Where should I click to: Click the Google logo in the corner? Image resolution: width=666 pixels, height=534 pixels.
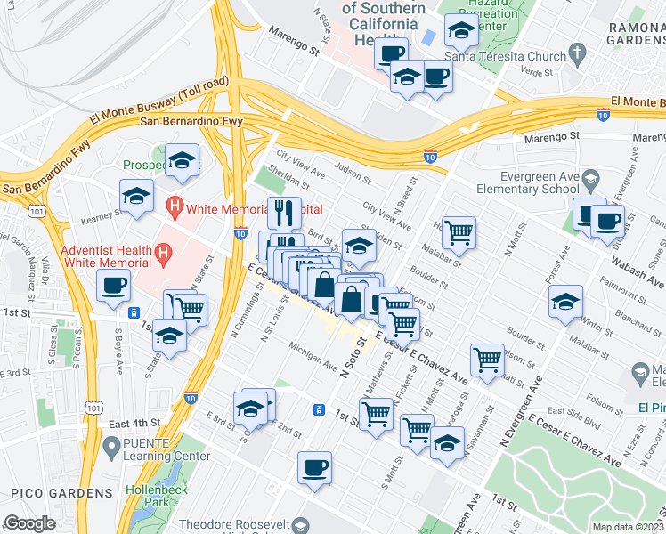point(29,523)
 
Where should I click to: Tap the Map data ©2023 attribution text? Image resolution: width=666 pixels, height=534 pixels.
point(627,527)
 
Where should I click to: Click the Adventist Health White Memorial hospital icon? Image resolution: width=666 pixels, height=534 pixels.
point(161,255)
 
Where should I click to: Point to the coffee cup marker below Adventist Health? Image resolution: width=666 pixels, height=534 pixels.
point(114,286)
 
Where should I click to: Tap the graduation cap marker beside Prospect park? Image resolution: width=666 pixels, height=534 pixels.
point(183,160)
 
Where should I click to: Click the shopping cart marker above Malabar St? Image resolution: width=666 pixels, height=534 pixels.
point(459,231)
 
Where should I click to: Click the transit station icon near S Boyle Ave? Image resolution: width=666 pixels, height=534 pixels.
point(133,312)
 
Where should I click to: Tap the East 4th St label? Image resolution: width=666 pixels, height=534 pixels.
point(136,422)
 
